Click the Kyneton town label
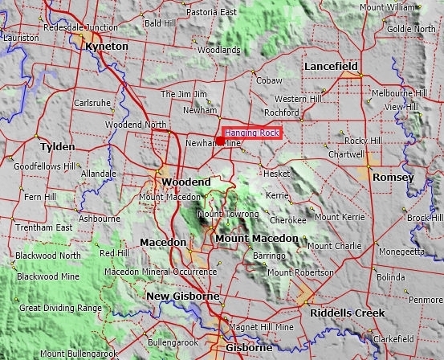click(x=106, y=47)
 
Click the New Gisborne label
click(x=183, y=297)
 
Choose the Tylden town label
click(x=58, y=147)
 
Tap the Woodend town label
click(x=186, y=182)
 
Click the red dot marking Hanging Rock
click(x=220, y=141)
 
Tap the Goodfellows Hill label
click(x=44, y=165)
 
